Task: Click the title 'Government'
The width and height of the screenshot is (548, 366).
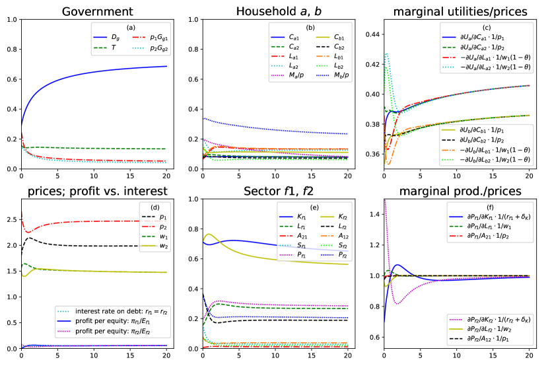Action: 94,10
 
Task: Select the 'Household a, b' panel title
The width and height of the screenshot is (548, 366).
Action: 275,10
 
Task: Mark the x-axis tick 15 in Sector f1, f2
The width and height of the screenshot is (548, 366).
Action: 310,355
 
